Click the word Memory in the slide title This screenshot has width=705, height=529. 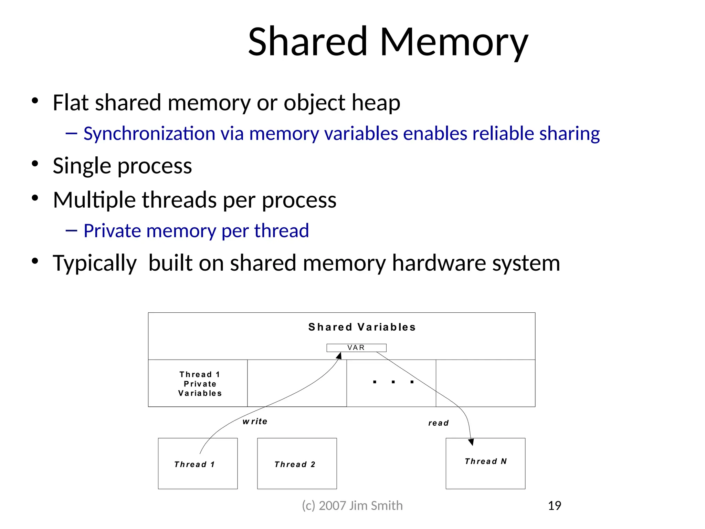(454, 42)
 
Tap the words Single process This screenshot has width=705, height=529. (122, 166)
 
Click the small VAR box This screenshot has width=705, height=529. (356, 348)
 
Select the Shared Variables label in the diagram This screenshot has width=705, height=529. (362, 327)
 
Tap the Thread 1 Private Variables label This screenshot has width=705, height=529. (200, 384)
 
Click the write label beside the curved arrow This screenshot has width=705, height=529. (255, 422)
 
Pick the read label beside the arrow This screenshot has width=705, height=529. (438, 423)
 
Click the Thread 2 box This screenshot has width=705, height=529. (297, 464)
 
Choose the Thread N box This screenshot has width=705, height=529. (485, 463)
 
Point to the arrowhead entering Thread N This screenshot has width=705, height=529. (471, 442)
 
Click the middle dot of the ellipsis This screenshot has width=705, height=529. (393, 382)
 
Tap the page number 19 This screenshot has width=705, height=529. (554, 506)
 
